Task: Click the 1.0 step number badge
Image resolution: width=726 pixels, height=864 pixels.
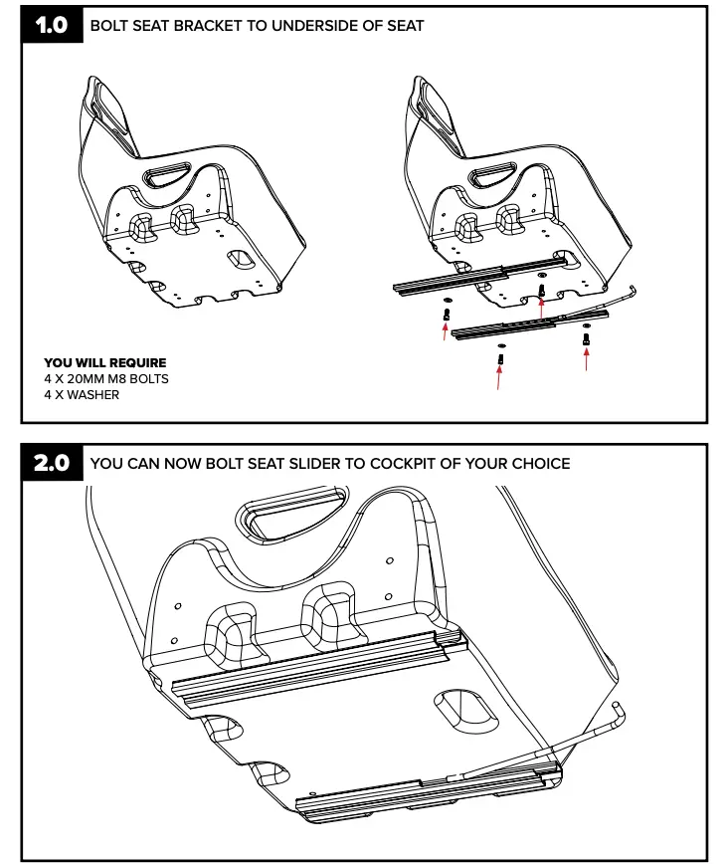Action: click(x=52, y=26)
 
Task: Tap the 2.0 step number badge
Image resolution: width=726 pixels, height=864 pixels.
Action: click(x=52, y=464)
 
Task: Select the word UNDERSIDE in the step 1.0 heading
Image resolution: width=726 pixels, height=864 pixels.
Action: click(x=315, y=26)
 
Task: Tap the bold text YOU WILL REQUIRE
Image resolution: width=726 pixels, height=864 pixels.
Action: click(x=105, y=363)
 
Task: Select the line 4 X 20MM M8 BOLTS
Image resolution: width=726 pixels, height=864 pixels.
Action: click(x=106, y=379)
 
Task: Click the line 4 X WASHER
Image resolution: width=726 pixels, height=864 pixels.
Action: click(x=82, y=395)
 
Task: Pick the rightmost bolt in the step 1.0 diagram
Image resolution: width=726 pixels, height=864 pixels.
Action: click(x=586, y=339)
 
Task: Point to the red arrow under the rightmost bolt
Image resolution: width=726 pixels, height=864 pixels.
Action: click(x=586, y=359)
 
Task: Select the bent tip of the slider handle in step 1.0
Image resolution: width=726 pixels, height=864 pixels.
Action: click(x=635, y=291)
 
